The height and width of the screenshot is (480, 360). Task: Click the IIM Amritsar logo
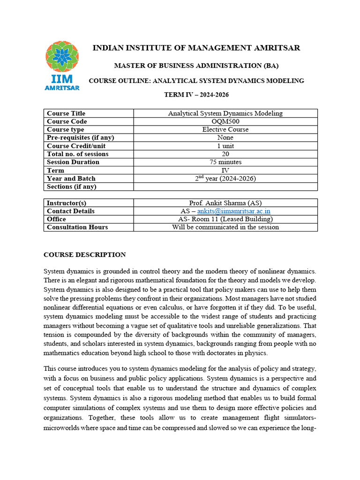pos(62,65)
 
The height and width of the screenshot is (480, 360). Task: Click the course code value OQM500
pos(225,121)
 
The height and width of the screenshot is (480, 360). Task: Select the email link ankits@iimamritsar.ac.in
pos(233,211)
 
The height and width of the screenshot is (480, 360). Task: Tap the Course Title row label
pos(66,113)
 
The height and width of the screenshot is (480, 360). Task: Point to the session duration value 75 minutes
pos(225,162)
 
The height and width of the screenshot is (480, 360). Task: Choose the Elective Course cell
pos(225,129)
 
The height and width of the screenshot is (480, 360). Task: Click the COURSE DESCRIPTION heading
pos(84,255)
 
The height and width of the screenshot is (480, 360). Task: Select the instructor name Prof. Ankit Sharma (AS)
pos(225,203)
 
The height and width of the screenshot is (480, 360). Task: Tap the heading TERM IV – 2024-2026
pos(196,94)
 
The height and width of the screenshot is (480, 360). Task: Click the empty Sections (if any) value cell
pos(225,187)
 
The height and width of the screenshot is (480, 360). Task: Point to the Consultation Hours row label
pos(77,227)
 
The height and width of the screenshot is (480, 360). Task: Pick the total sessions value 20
pos(225,154)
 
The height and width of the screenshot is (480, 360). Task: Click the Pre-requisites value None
pos(225,137)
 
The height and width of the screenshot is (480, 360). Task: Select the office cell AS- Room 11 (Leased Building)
pos(225,219)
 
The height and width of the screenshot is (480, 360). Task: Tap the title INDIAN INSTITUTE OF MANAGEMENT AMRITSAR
pos(196,48)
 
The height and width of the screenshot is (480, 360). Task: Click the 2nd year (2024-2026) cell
pos(225,178)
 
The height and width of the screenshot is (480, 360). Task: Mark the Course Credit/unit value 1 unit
pos(225,146)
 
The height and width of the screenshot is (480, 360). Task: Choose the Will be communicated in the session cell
pos(225,227)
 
